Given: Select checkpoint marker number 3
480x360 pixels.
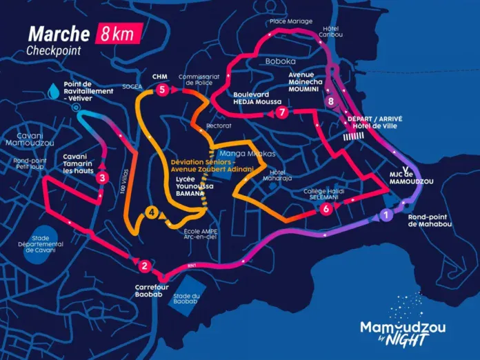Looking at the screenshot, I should (103, 178).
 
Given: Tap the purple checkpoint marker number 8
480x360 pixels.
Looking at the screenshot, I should (332, 101).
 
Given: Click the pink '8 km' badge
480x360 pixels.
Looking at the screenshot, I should (120, 32).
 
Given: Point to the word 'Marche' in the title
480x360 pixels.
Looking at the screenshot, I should (59, 34).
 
